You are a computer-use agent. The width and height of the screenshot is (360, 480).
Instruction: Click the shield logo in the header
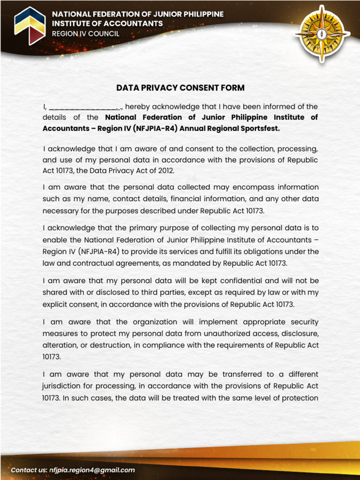[30, 25]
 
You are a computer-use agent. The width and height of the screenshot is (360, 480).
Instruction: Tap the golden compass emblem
[322, 34]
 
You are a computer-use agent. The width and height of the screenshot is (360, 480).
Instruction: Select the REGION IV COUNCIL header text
[85, 34]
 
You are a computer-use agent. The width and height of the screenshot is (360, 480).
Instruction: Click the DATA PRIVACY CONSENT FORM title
[180, 88]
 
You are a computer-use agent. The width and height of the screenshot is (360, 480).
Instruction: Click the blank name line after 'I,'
[84, 107]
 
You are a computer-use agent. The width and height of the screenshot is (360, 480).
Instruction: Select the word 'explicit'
[56, 304]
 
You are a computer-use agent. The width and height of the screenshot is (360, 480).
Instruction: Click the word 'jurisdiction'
[63, 386]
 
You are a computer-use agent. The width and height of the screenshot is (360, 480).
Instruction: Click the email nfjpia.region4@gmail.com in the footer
[92, 470]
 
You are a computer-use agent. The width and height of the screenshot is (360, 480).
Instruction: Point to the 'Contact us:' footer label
[29, 470]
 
